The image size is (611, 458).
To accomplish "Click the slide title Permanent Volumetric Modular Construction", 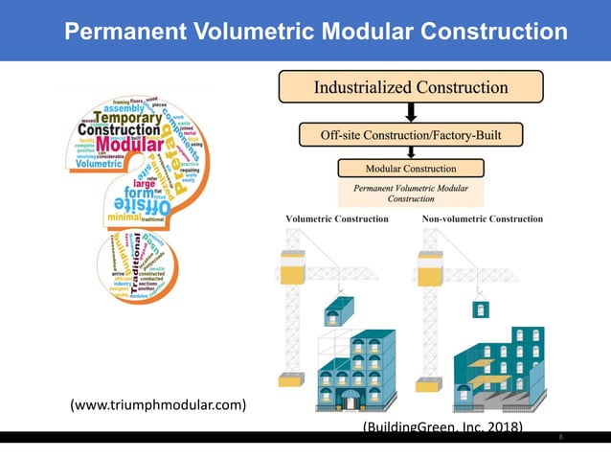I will (315, 32).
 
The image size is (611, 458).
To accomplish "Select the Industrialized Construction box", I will (411, 87).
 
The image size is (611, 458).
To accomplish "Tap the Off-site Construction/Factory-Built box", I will (411, 135).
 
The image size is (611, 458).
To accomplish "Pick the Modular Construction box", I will (411, 168).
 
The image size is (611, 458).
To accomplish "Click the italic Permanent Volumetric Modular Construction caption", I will (411, 193).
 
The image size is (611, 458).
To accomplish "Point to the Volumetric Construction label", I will (337, 219).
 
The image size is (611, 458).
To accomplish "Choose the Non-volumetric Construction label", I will (483, 219).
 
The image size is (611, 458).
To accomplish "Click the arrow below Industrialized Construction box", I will (411, 113).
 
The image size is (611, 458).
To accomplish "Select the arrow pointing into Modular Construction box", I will (411, 152).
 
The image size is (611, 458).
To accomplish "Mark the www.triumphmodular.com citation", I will (157, 405).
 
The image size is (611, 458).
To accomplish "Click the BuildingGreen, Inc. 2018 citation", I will (442, 426).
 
